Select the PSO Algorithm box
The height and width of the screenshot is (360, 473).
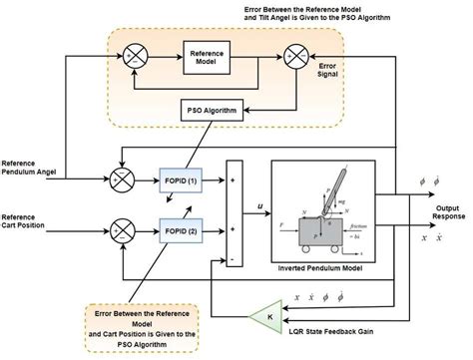(210, 111)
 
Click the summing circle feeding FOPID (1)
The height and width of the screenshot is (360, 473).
(123, 179)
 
